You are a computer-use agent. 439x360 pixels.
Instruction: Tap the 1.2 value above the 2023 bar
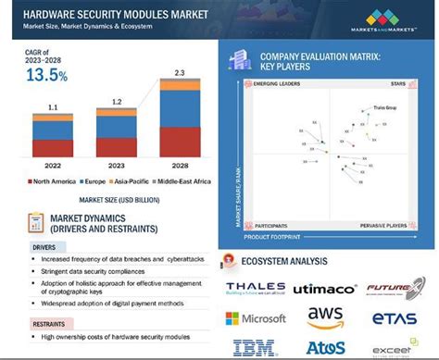[x=116, y=102]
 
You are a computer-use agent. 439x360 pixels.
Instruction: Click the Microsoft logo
[x=255, y=317]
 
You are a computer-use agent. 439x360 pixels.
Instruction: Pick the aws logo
[x=325, y=317]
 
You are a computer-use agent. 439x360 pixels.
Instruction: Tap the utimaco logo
[x=324, y=289]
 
